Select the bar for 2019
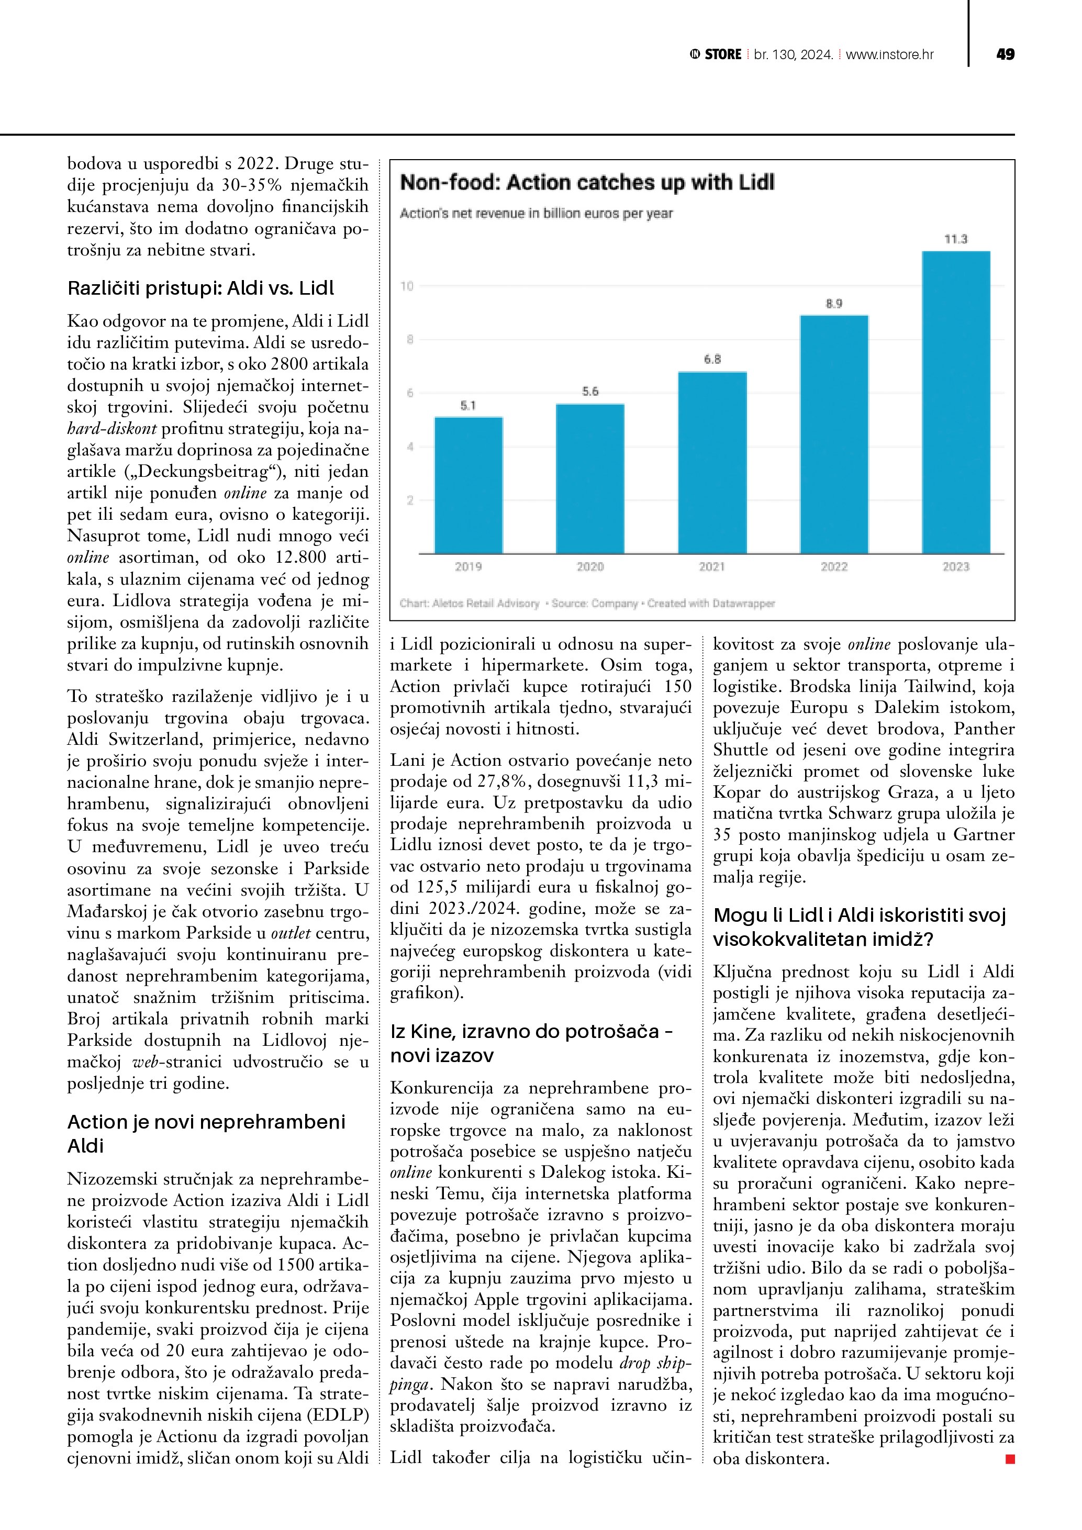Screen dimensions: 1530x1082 [x=469, y=485]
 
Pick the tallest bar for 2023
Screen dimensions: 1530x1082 [x=955, y=402]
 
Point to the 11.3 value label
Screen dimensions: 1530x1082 [x=955, y=239]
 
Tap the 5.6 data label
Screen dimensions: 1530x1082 [x=590, y=391]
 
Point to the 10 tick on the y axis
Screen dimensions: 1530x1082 [x=406, y=286]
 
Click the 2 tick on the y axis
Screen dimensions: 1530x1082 [x=410, y=500]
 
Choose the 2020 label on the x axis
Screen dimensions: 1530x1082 [x=590, y=566]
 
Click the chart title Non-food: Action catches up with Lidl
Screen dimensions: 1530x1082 [x=587, y=183]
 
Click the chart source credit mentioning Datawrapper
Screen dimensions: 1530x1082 [x=587, y=603]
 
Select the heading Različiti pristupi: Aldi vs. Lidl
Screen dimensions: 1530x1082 [x=200, y=288]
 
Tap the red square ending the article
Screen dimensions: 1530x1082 [x=1010, y=1459]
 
